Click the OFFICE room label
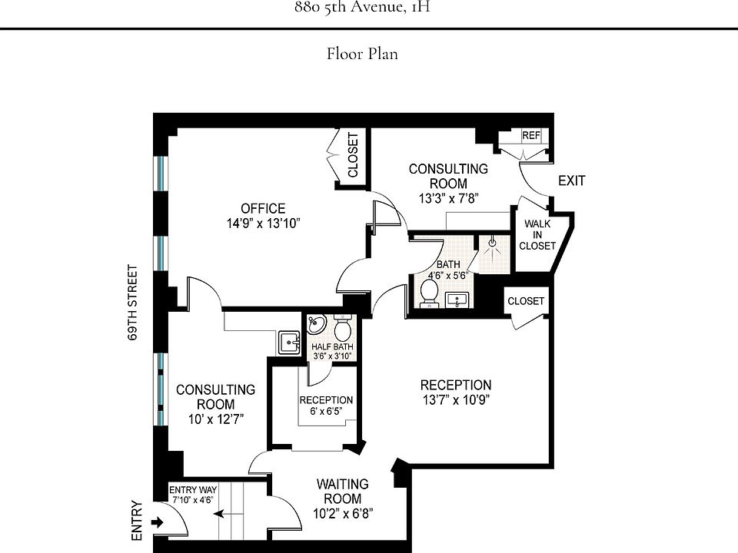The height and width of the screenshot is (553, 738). [263, 208]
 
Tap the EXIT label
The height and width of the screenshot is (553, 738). [571, 181]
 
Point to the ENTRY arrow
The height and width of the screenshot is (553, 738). [158, 523]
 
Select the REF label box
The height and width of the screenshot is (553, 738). [531, 136]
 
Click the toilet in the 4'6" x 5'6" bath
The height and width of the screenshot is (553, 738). [429, 291]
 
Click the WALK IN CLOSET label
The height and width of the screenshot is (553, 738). [537, 235]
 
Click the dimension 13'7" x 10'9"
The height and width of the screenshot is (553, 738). [455, 399]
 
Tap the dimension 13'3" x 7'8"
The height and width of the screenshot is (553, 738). [449, 197]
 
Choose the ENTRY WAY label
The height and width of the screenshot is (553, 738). [193, 490]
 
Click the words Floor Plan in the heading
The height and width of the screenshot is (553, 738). [362, 54]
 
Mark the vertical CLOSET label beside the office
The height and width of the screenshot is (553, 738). [353, 155]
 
